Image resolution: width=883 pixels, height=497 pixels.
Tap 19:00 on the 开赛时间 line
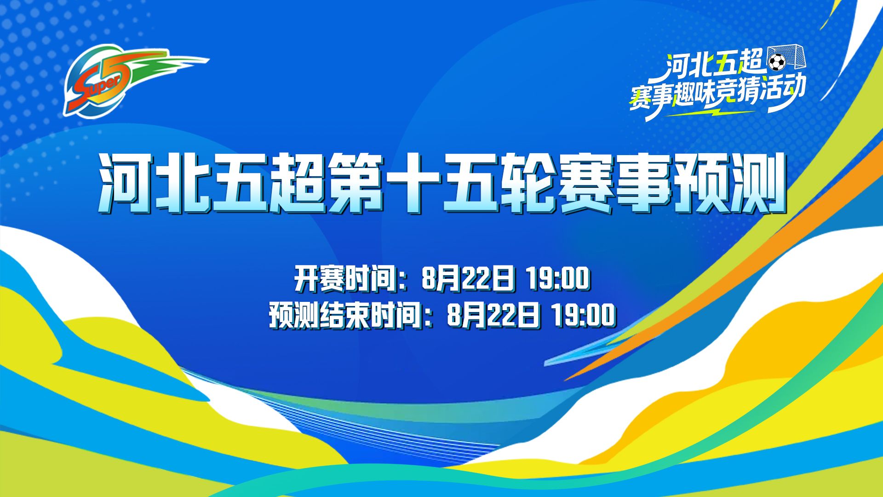pyautogui.click(x=557, y=278)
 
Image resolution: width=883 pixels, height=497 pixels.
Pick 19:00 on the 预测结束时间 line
pyautogui.click(x=583, y=316)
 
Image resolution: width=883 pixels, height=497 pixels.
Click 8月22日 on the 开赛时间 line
pyautogui.click(x=467, y=278)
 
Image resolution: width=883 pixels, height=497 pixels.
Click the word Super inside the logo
pyautogui.click(x=95, y=90)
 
